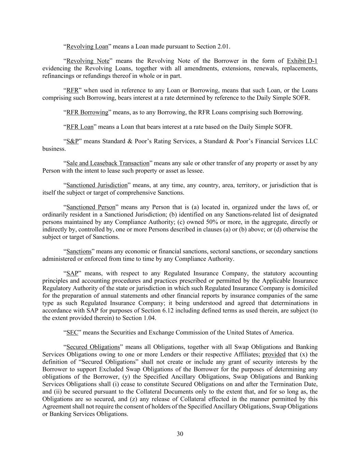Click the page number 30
180,434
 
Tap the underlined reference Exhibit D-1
302,61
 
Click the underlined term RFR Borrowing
87,112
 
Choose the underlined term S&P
72,141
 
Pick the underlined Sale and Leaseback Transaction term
108,163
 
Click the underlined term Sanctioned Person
91,207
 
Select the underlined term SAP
72,273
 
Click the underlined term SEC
72,332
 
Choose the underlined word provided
274,354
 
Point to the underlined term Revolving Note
88,61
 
